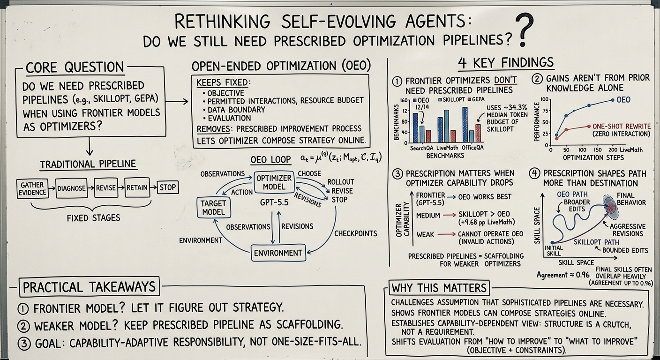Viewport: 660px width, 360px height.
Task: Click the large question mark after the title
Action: pyautogui.click(x=524, y=30)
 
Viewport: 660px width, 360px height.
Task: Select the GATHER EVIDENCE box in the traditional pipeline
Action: pyautogui.click(x=32, y=188)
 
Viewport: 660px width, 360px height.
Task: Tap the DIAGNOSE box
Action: pyautogui.click(x=71, y=188)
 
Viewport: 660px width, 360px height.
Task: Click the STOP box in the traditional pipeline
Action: pyautogui.click(x=168, y=187)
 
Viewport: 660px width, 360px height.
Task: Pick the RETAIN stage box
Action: pyautogui.click(x=137, y=187)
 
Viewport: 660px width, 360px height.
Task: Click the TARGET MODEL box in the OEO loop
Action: pyautogui.click(x=213, y=208)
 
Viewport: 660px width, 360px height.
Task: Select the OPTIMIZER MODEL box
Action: pyautogui.click(x=274, y=182)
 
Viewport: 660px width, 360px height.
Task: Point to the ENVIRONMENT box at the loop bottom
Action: pyautogui.click(x=278, y=253)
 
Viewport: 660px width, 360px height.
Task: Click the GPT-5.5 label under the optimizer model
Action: pyautogui.click(x=274, y=202)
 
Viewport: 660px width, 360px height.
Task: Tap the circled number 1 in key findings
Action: pyautogui.click(x=397, y=81)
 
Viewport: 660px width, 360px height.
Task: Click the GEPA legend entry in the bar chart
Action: pyautogui.click(x=476, y=99)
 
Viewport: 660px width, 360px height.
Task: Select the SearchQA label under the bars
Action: pyautogui.click(x=421, y=148)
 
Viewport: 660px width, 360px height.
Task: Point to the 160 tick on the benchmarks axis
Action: pyautogui.click(x=404, y=101)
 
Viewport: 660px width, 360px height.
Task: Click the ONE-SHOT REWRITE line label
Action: pyautogui.click(x=622, y=127)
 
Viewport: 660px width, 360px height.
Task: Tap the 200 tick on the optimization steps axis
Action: pyautogui.click(x=613, y=150)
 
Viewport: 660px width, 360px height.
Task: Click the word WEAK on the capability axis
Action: pyautogui.click(x=425, y=234)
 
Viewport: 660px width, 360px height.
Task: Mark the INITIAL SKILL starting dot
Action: pyautogui.click(x=552, y=242)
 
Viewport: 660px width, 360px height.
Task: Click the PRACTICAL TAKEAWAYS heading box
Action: pyautogui.click(x=89, y=287)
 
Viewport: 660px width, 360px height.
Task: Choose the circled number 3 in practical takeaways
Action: pyautogui.click(x=24, y=343)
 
